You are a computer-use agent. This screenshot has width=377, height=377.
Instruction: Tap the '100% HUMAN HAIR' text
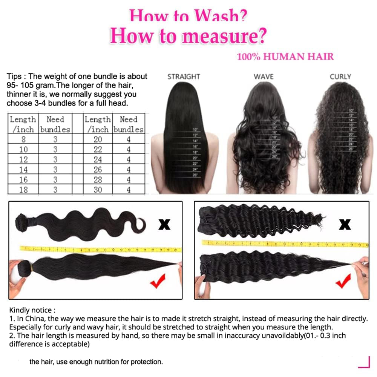[285, 57]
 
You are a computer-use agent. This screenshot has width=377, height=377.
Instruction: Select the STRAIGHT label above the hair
[183, 77]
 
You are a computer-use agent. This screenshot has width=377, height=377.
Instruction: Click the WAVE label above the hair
[264, 77]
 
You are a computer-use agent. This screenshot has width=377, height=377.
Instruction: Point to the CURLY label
[340, 77]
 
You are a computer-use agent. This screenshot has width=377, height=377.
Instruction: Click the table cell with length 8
[23, 139]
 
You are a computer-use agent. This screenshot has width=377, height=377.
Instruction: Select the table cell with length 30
[98, 190]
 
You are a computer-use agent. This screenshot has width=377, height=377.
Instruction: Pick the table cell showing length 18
[23, 190]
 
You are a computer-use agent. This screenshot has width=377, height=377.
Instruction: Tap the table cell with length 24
[98, 159]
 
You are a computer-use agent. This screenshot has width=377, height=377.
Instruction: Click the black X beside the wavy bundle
[164, 225]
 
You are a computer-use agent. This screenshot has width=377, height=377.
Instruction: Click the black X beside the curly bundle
[345, 225]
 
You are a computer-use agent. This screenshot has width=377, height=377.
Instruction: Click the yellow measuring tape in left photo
[100, 249]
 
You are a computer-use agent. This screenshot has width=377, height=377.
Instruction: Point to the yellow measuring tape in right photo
[285, 244]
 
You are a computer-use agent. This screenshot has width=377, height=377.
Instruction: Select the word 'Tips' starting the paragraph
[14, 77]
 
